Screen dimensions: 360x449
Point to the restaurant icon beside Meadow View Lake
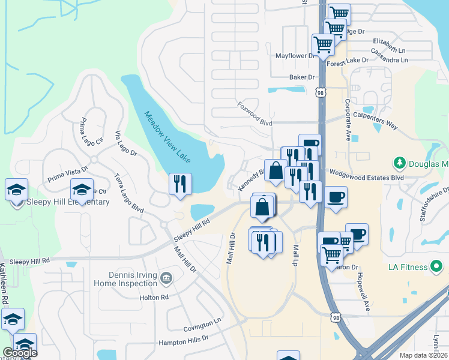coord(180,184)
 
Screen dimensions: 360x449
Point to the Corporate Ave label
coord(348,120)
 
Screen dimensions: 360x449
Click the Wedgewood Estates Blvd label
coord(366,178)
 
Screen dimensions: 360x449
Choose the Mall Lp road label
coord(295,255)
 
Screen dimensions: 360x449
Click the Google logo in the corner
coord(19,353)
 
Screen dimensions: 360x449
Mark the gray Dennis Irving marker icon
coord(167,277)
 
